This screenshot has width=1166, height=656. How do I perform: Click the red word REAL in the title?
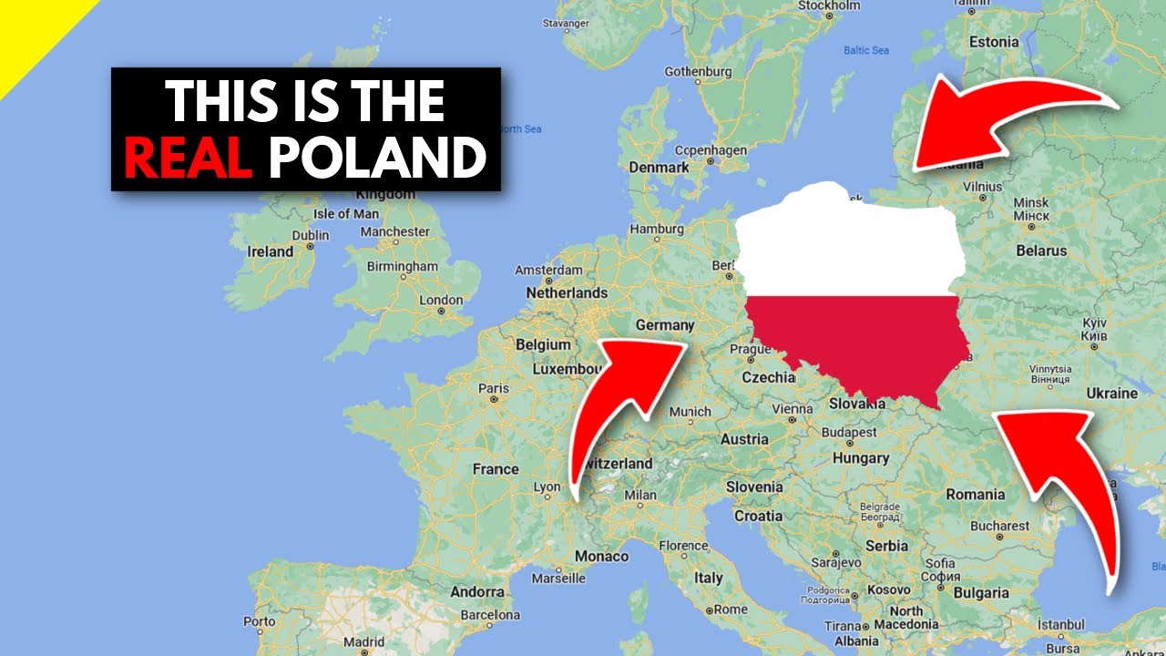click(188, 158)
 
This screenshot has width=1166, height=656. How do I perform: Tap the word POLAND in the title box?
click(377, 158)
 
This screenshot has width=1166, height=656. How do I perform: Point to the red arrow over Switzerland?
click(619, 401)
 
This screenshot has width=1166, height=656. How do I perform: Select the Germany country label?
click(664, 325)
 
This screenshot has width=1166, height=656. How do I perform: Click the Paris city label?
click(494, 388)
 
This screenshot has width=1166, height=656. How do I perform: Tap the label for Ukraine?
click(1111, 394)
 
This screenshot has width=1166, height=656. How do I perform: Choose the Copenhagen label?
click(711, 150)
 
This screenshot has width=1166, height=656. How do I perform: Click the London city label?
click(442, 301)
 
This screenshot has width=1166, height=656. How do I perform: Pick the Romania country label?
click(975, 495)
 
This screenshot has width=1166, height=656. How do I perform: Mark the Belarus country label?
click(1041, 251)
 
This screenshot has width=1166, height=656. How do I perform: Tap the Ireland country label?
click(271, 251)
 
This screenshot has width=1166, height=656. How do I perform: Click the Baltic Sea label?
click(865, 50)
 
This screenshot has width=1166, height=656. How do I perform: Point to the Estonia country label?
click(994, 42)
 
